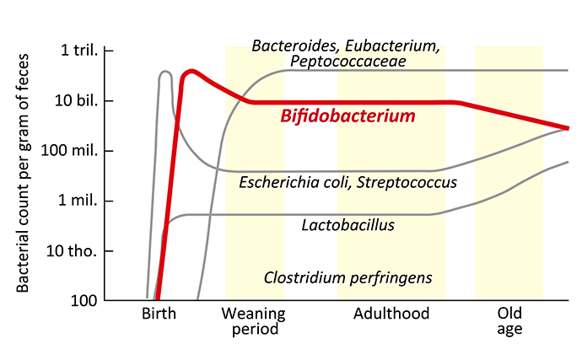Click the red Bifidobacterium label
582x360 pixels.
(348, 116)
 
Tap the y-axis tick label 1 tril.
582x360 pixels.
(79, 50)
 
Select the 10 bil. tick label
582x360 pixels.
(77, 100)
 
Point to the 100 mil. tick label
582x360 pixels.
(69, 150)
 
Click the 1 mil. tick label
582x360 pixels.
(78, 201)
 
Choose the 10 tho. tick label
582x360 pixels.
(72, 251)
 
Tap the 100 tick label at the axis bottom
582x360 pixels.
(84, 301)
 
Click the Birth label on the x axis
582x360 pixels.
(159, 314)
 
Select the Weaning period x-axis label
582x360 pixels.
(254, 321)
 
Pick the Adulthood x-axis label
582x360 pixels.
(391, 314)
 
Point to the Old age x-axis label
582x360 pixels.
(509, 321)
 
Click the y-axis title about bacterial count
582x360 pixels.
(23, 174)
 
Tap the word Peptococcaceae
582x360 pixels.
(348, 62)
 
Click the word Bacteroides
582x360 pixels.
(296, 46)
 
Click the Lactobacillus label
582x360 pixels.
(348, 225)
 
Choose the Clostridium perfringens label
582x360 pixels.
(348, 278)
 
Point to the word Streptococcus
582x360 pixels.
(407, 183)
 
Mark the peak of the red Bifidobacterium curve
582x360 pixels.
(191, 72)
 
